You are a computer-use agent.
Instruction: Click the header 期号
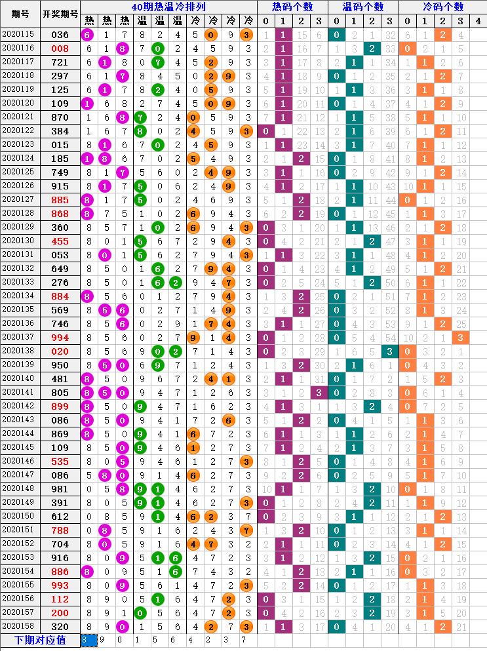[x=20, y=14]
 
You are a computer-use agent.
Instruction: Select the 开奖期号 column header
[x=60, y=14]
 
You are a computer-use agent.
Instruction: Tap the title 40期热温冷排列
[x=168, y=7]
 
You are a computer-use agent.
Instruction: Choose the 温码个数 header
[x=362, y=7]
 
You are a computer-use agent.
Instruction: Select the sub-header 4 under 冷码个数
[x=478, y=22]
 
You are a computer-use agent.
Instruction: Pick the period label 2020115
[x=20, y=35]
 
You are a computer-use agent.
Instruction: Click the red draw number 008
[x=60, y=49]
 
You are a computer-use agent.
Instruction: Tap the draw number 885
[x=60, y=199]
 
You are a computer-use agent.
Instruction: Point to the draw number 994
[x=60, y=337]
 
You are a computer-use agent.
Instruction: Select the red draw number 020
[x=60, y=351]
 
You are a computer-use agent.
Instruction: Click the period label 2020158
[x=20, y=625]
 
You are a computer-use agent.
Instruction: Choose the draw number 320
[x=60, y=625]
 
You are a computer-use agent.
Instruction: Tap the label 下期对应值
[x=40, y=640]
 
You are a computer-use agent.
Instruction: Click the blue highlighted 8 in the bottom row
[x=85, y=639]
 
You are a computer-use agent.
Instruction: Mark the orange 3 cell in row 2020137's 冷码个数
[x=460, y=337]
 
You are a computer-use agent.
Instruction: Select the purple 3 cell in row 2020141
[x=319, y=392]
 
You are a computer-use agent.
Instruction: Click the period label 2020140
[x=20, y=378]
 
